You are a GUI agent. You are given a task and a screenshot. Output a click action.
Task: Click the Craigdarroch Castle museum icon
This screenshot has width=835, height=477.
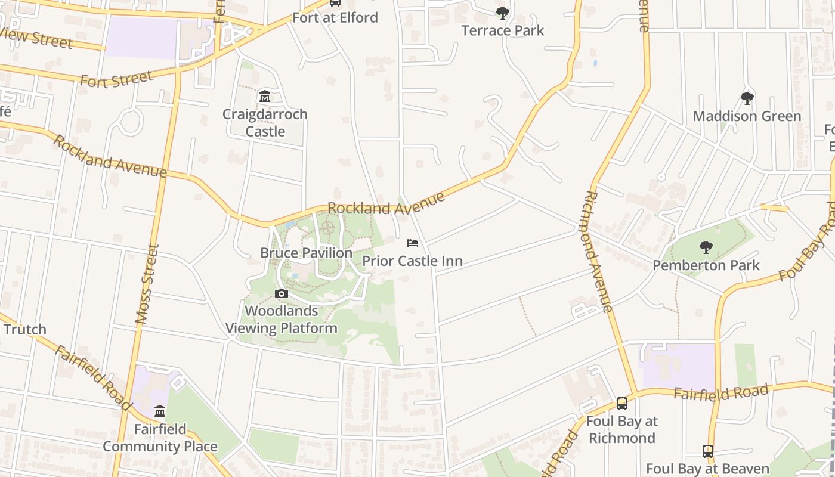[265, 96]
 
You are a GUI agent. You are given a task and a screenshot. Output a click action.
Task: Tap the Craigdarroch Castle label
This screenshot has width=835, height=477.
[265, 122]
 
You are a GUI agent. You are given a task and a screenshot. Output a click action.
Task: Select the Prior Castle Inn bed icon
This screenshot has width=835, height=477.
[412, 243]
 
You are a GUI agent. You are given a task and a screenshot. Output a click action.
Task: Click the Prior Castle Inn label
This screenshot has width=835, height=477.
[412, 261]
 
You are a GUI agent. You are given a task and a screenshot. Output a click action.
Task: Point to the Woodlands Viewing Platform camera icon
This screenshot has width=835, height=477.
[281, 293]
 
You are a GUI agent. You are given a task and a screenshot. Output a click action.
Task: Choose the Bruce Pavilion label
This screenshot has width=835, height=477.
[306, 253]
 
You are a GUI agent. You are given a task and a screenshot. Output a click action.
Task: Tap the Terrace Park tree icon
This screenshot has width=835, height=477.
[503, 13]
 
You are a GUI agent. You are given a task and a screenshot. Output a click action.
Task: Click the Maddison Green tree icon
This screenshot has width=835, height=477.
[747, 98]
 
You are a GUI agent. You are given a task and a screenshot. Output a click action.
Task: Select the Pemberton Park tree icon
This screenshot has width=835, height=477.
[706, 247]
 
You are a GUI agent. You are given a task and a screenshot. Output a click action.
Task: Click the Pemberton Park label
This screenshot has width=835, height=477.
[706, 265]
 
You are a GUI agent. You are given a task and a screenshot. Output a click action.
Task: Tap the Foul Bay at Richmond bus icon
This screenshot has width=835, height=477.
[622, 404]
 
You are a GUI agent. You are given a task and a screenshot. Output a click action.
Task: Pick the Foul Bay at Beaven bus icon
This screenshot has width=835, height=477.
[708, 451]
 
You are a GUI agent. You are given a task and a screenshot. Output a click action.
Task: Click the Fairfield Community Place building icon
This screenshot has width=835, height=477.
[160, 411]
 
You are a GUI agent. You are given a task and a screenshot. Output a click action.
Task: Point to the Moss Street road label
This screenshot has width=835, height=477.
[147, 284]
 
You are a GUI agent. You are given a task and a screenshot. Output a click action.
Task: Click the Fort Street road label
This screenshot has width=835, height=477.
[116, 79]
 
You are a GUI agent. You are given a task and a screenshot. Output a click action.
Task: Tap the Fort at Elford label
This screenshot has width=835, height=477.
[335, 17]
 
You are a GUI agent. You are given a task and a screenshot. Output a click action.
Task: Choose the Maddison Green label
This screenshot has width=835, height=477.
[747, 116]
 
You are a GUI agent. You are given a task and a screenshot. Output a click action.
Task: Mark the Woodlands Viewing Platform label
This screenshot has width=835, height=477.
[282, 319]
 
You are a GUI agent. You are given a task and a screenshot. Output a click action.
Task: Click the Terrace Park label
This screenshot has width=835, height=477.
[503, 30]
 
